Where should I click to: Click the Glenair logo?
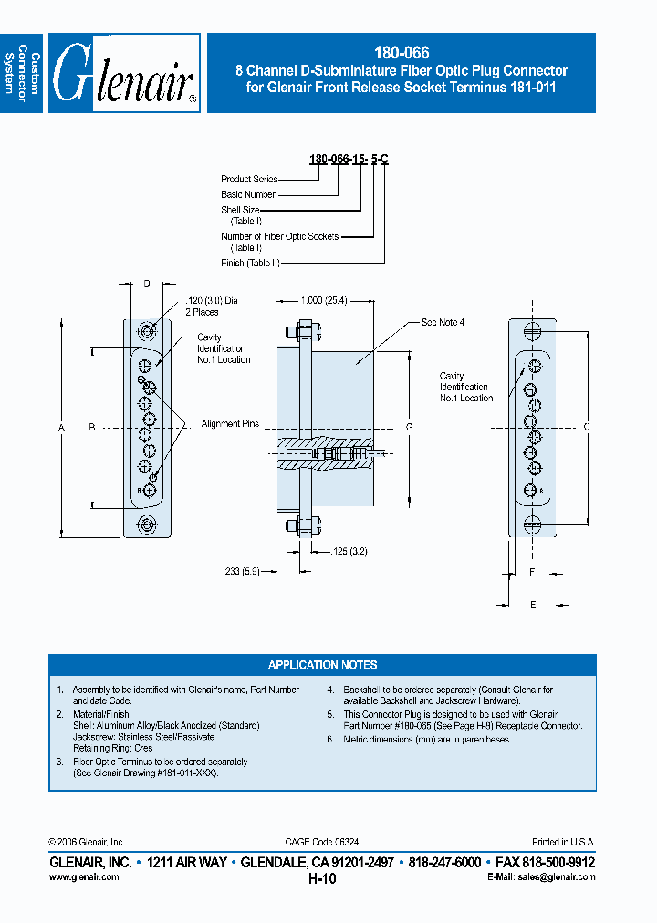pyautogui.click(x=124, y=74)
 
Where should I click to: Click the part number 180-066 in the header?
pyautogui.click(x=401, y=54)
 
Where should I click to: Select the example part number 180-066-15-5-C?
pyautogui.click(x=349, y=160)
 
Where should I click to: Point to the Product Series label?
pyautogui.click(x=249, y=180)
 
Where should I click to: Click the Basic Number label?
pyautogui.click(x=248, y=194)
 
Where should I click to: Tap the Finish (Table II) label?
pyautogui.click(x=250, y=263)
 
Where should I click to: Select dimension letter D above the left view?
pyautogui.click(x=146, y=284)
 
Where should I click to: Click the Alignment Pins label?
pyautogui.click(x=231, y=424)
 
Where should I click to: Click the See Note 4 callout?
pyautogui.click(x=443, y=323)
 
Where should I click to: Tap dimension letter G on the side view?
pyautogui.click(x=410, y=428)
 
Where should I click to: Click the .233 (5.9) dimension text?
pyautogui.click(x=241, y=571)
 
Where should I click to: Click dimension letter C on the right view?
pyautogui.click(x=587, y=427)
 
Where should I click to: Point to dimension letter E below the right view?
pyautogui.click(x=534, y=604)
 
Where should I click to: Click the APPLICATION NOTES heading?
pyautogui.click(x=322, y=665)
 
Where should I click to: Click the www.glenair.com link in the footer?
pyautogui.click(x=83, y=876)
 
